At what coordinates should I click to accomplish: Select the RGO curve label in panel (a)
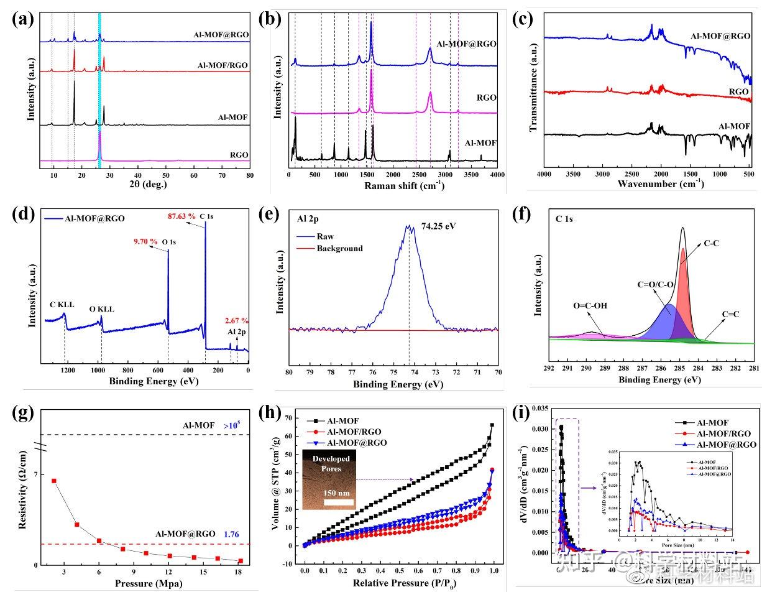pyautogui.click(x=239, y=155)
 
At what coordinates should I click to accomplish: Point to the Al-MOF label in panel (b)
pyautogui.click(x=481, y=142)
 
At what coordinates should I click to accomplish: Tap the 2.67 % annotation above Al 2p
pyautogui.click(x=237, y=321)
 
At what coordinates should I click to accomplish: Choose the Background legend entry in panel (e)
pyautogui.click(x=339, y=248)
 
